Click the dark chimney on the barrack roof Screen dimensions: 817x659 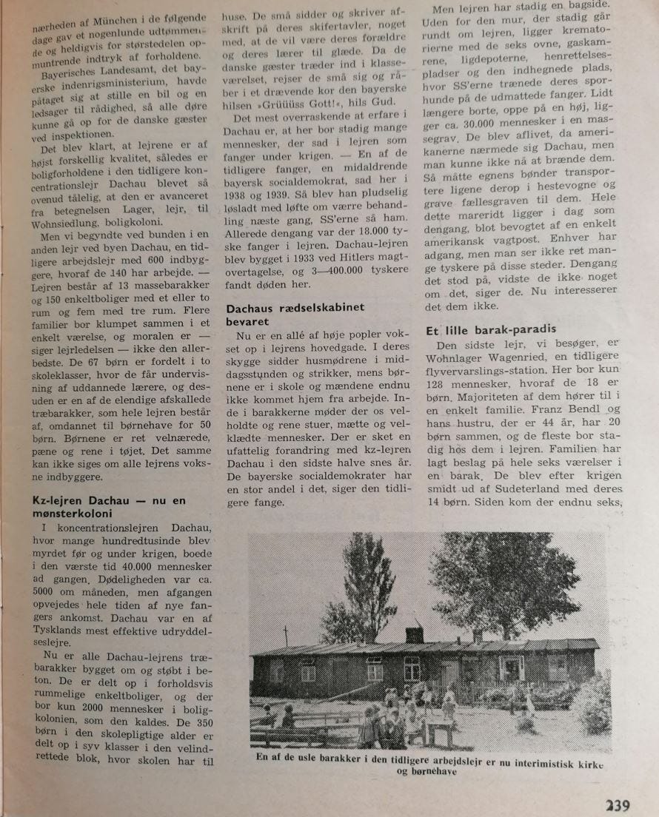(x=415, y=634)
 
